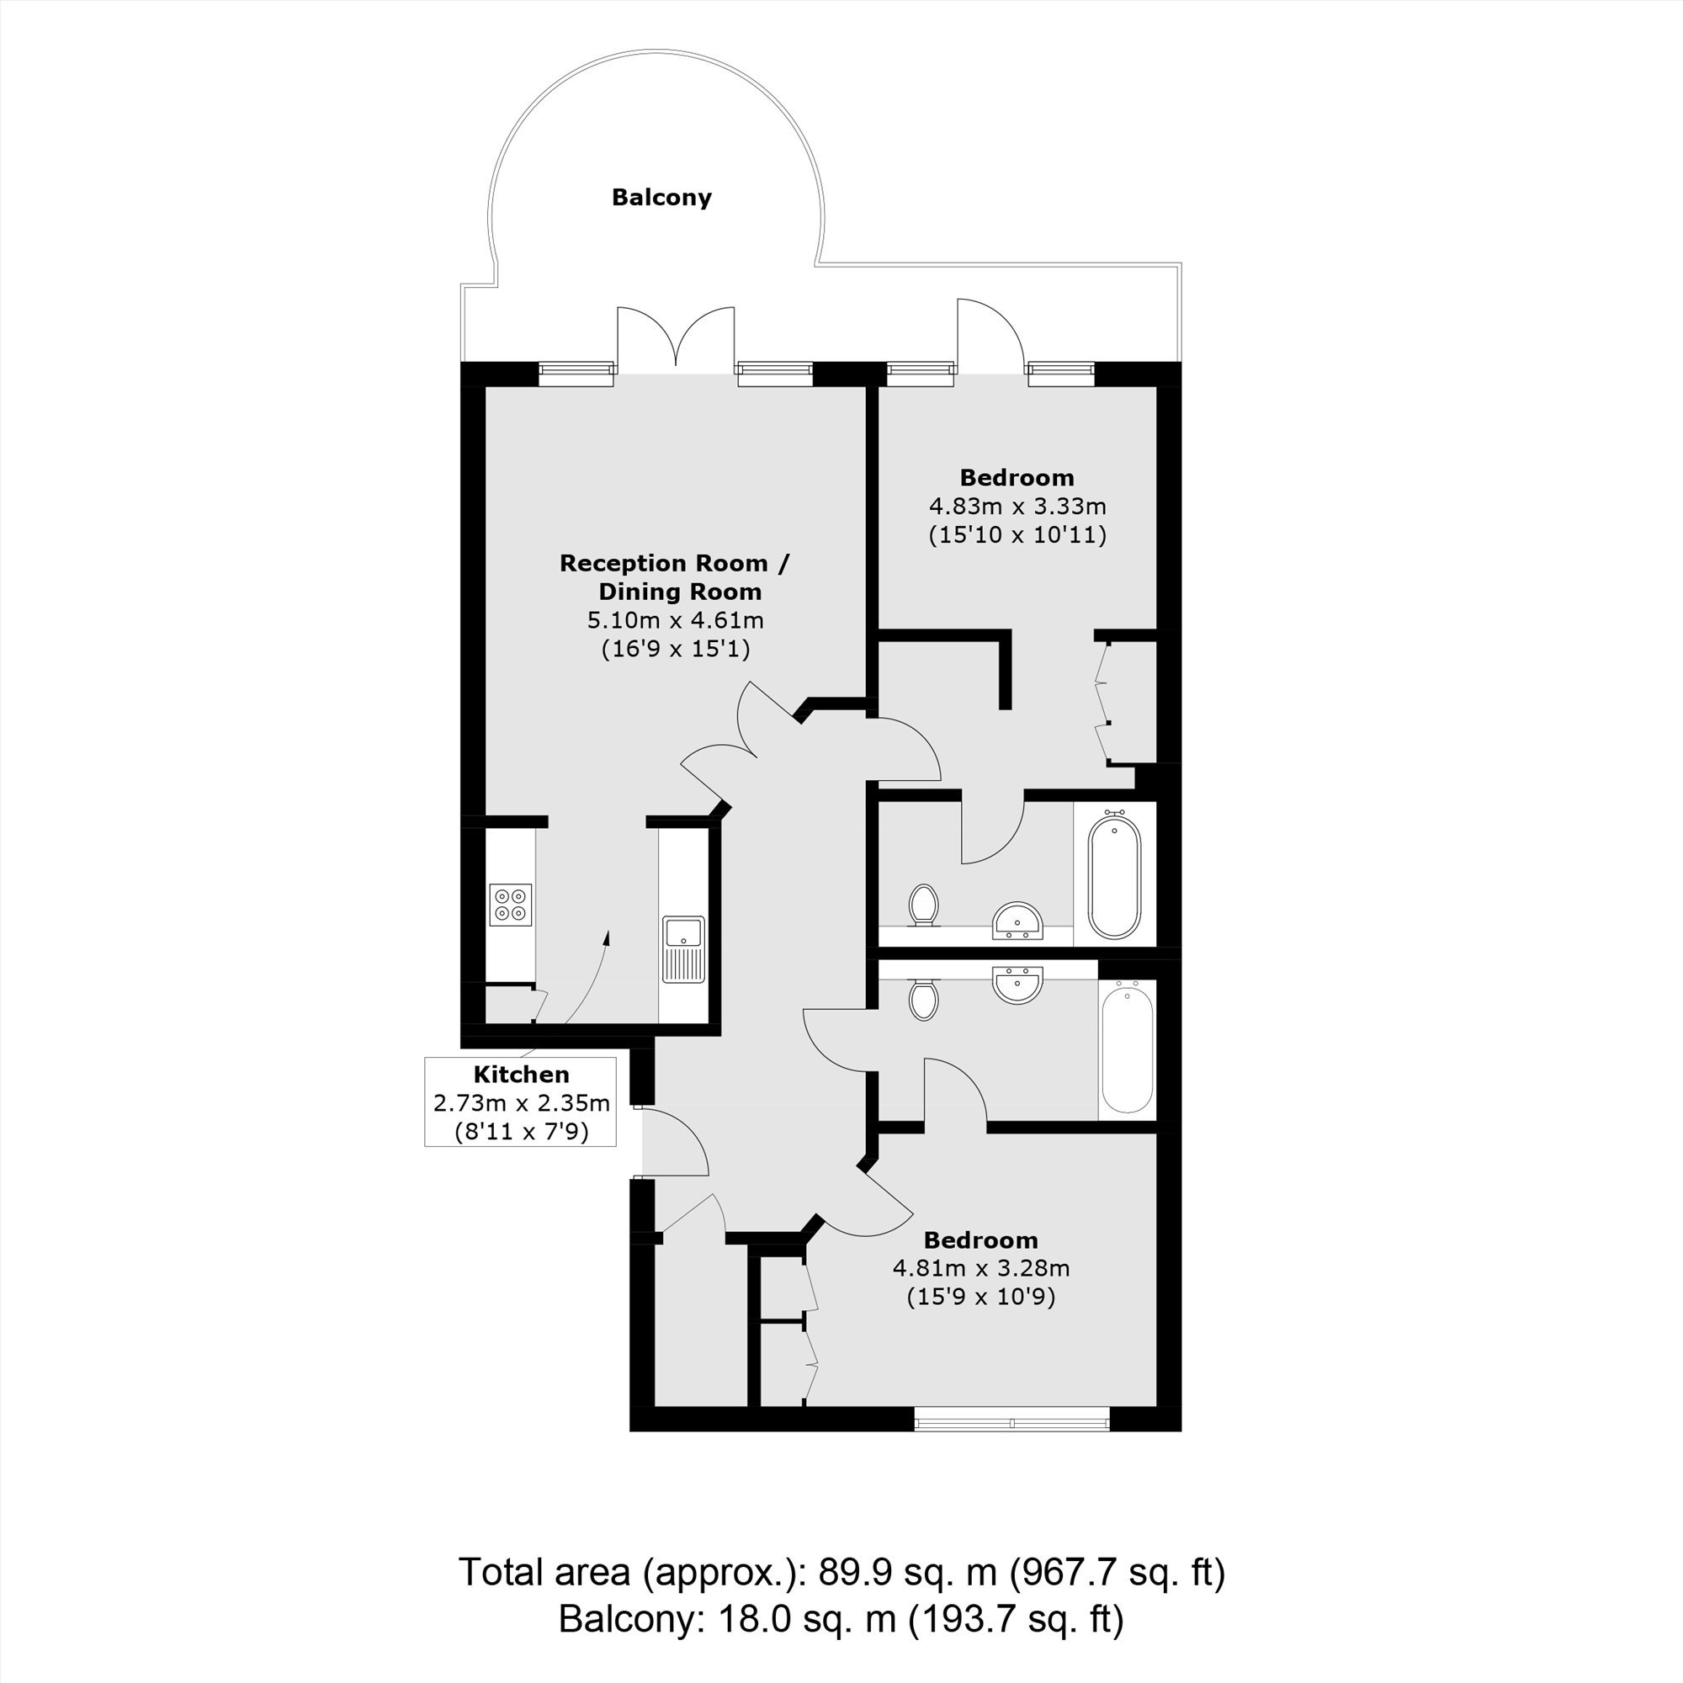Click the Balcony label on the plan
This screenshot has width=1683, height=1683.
click(661, 198)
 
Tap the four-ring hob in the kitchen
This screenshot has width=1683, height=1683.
click(511, 905)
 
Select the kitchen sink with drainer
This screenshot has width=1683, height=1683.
click(685, 948)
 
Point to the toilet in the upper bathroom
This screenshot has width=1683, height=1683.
click(922, 906)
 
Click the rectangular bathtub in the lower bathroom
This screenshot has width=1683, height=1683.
click(1128, 1046)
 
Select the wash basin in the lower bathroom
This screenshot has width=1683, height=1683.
click(1017, 985)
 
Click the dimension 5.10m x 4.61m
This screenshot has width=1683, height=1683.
click(675, 621)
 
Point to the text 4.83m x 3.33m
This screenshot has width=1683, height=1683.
click(1017, 506)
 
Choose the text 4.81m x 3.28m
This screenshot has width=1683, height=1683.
click(981, 1268)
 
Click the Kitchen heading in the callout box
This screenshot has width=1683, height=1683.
click(521, 1075)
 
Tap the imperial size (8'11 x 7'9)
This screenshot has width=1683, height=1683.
click(522, 1132)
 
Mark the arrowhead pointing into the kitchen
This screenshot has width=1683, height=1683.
click(606, 937)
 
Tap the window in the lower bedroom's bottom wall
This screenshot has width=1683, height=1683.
click(1012, 1420)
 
